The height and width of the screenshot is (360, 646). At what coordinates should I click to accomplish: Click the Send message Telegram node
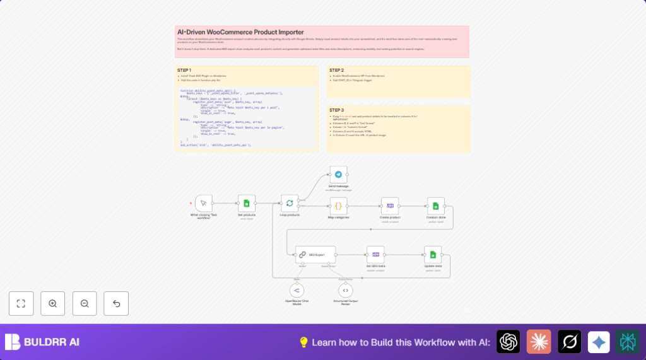(338, 175)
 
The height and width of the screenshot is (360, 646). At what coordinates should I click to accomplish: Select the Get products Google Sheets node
(247, 203)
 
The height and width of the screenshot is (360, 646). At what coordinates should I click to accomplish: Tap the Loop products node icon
(290, 203)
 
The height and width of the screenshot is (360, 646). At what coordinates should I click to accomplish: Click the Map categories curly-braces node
(338, 206)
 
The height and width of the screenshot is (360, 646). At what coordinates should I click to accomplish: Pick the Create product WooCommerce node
(390, 206)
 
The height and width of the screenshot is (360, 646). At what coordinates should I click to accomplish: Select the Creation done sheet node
(435, 206)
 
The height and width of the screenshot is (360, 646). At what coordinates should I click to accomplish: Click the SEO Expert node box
(315, 255)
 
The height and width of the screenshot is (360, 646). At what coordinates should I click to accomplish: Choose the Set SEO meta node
(375, 255)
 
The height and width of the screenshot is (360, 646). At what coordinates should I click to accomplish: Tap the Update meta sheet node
(433, 255)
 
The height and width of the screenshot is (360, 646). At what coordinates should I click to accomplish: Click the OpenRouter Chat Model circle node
(297, 290)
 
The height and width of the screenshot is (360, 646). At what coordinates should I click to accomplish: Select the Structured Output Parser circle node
(345, 290)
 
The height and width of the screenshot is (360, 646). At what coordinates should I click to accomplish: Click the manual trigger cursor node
(203, 203)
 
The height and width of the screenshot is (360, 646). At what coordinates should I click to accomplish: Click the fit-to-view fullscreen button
(21, 303)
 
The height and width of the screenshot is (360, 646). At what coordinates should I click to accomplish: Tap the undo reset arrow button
(116, 303)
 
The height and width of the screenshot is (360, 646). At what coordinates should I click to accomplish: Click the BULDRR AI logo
(42, 342)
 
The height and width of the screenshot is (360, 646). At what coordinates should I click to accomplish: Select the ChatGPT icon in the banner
(508, 342)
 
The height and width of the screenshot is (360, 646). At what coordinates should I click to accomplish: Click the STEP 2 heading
(336, 70)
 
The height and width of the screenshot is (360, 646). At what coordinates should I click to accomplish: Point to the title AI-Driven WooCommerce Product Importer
(240, 32)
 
